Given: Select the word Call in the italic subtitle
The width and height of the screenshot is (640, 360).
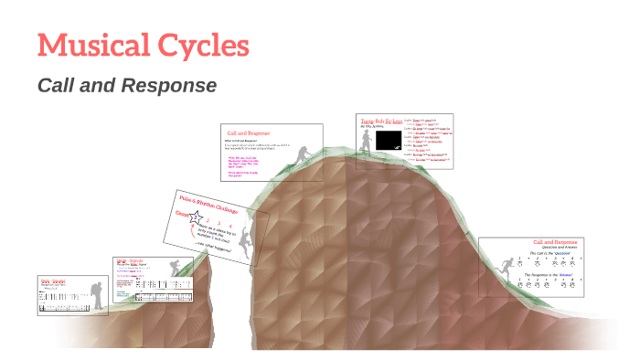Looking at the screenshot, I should (x=56, y=86).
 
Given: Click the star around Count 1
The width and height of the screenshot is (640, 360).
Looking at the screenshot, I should (x=194, y=217).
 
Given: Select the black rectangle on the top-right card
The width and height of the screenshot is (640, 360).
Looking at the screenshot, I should (x=389, y=140).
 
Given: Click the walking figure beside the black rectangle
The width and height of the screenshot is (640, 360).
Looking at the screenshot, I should (x=367, y=141).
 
